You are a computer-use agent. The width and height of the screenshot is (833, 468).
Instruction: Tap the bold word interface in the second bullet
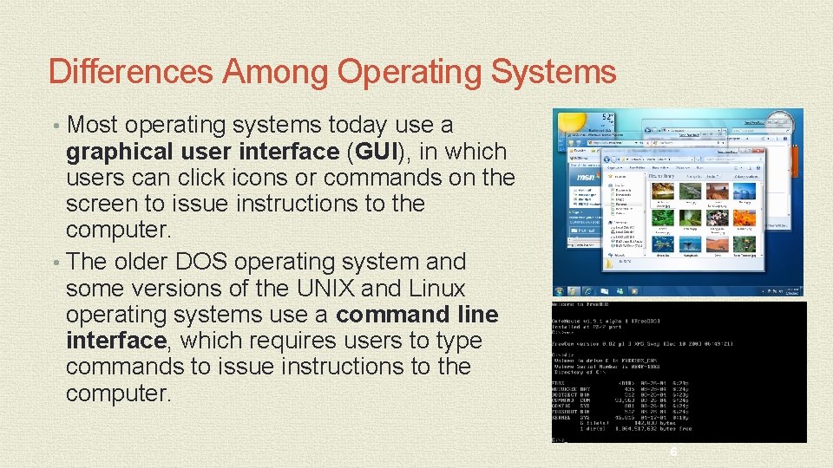115,341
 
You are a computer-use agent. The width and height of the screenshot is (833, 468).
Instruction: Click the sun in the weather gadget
568,120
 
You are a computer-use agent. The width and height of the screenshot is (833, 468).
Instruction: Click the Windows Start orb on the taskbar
560,291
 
